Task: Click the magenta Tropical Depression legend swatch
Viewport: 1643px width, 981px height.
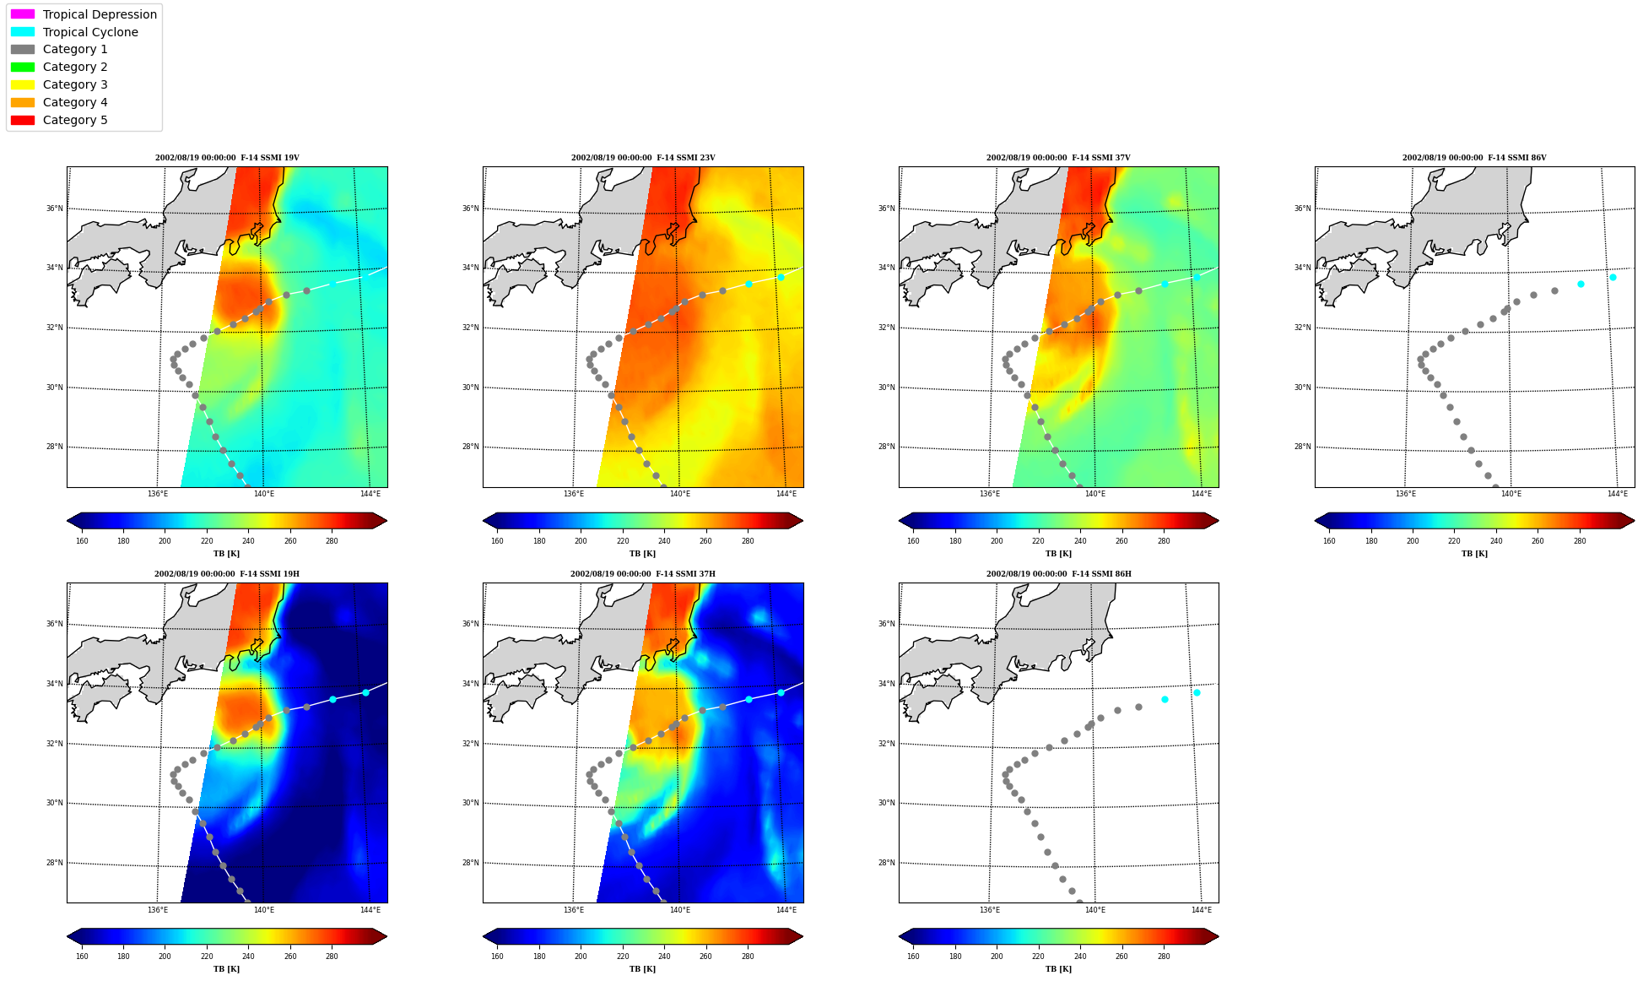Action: [x=23, y=14]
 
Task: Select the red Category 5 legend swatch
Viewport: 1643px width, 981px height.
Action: [x=23, y=120]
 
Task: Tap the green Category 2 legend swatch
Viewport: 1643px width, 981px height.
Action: [x=23, y=67]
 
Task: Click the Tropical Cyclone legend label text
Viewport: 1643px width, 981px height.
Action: [x=90, y=32]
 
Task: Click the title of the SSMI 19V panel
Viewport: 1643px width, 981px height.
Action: [x=227, y=158]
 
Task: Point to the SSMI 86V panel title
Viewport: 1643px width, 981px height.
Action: [x=1474, y=158]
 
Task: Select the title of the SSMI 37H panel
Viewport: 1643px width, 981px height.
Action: [x=643, y=574]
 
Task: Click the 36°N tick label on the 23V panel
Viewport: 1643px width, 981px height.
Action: [x=470, y=209]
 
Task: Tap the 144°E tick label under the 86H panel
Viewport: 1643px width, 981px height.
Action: [x=1202, y=910]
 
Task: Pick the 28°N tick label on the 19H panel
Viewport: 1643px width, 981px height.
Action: [x=54, y=863]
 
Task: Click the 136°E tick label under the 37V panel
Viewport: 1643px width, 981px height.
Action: [x=990, y=494]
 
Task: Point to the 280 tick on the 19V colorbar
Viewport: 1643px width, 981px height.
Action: [x=332, y=541]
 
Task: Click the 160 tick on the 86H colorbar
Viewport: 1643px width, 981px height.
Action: [x=913, y=957]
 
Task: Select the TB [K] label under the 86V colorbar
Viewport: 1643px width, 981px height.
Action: [x=1474, y=554]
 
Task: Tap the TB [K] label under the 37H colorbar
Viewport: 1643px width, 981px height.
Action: [x=642, y=969]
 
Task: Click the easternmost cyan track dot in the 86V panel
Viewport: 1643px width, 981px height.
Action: [x=1613, y=277]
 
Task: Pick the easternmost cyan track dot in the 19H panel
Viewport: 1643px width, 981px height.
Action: [x=365, y=692]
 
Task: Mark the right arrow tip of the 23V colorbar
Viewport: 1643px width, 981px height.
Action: [x=803, y=521]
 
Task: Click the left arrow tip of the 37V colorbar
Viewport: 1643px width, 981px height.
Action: [x=900, y=521]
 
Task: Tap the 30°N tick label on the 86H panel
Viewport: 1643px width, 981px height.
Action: [x=886, y=803]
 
